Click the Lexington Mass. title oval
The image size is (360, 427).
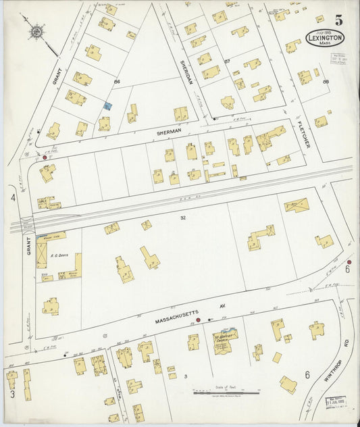click(328, 38)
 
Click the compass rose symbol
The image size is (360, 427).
click(36, 31)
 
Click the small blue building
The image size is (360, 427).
click(108, 105)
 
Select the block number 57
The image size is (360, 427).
click(228, 61)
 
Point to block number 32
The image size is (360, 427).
click(183, 218)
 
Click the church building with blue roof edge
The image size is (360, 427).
click(225, 340)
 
